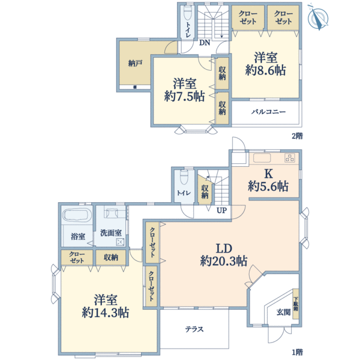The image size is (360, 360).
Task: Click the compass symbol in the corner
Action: (x=318, y=17)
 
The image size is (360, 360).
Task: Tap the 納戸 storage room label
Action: (x=135, y=63)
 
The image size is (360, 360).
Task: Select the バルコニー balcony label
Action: (x=268, y=112)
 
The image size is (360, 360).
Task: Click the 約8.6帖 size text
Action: (x=266, y=70)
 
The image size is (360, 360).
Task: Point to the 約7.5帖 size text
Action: (x=185, y=97)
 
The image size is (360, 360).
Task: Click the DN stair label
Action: (x=205, y=43)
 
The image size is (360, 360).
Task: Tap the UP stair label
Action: (x=221, y=211)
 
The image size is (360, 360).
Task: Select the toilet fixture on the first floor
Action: (x=184, y=177)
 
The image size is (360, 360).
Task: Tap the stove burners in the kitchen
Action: (x=290, y=158)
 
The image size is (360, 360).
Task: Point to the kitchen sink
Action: (x=262, y=158)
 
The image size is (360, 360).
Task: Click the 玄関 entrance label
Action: (x=284, y=312)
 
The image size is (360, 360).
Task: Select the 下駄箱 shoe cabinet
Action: (x=296, y=304)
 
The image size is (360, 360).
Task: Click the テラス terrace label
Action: (x=194, y=329)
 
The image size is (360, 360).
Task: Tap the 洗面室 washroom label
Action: (x=111, y=233)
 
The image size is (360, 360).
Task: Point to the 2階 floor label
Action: (x=298, y=136)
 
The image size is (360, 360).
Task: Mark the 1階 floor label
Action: (x=298, y=352)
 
